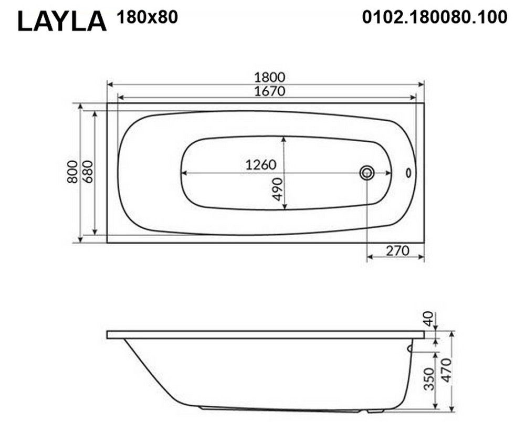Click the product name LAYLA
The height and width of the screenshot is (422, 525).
point(62,22)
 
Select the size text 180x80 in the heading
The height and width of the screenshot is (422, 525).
point(147,17)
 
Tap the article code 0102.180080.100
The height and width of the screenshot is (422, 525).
point(435,17)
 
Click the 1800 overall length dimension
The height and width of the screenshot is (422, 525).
point(269,77)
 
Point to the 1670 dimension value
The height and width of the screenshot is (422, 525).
point(269,91)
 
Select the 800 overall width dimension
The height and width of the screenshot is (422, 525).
point(72,172)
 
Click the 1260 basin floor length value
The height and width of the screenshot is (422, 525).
point(261,165)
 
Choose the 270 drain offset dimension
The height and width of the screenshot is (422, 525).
point(397,250)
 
